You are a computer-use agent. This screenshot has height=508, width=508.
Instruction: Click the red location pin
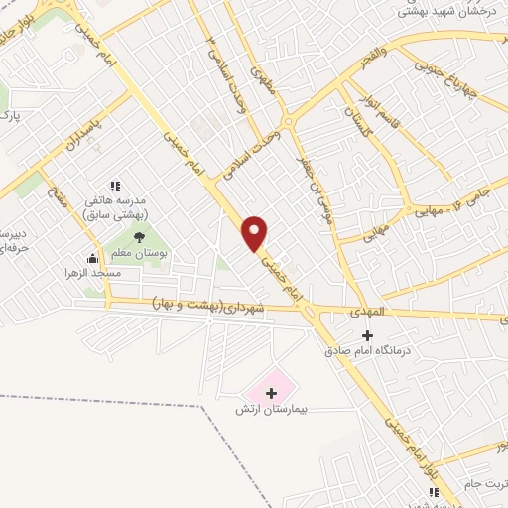tap(255, 232)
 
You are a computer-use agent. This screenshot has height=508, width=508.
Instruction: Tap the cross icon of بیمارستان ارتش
tap(271, 393)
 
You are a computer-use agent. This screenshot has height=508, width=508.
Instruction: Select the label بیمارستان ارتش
tap(271, 409)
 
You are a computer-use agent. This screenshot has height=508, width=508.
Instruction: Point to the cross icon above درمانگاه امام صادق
tap(367, 335)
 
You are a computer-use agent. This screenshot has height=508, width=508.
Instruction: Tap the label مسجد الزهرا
tap(92, 272)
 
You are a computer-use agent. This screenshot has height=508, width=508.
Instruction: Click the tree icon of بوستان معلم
tap(139, 236)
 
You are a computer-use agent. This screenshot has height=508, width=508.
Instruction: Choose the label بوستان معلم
tap(147, 253)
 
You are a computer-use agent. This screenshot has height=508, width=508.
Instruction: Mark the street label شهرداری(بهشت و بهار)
tap(208, 309)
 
